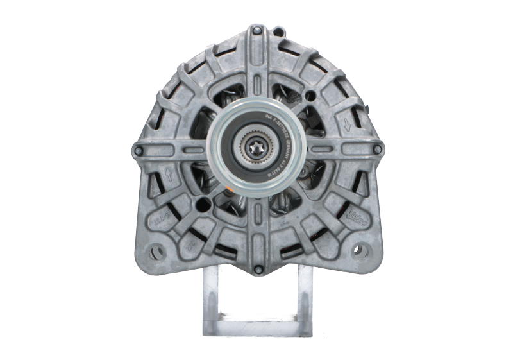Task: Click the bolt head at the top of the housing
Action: click(x=256, y=30)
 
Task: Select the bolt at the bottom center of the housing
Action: click(x=257, y=269)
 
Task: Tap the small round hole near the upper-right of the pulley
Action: click(x=310, y=96)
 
